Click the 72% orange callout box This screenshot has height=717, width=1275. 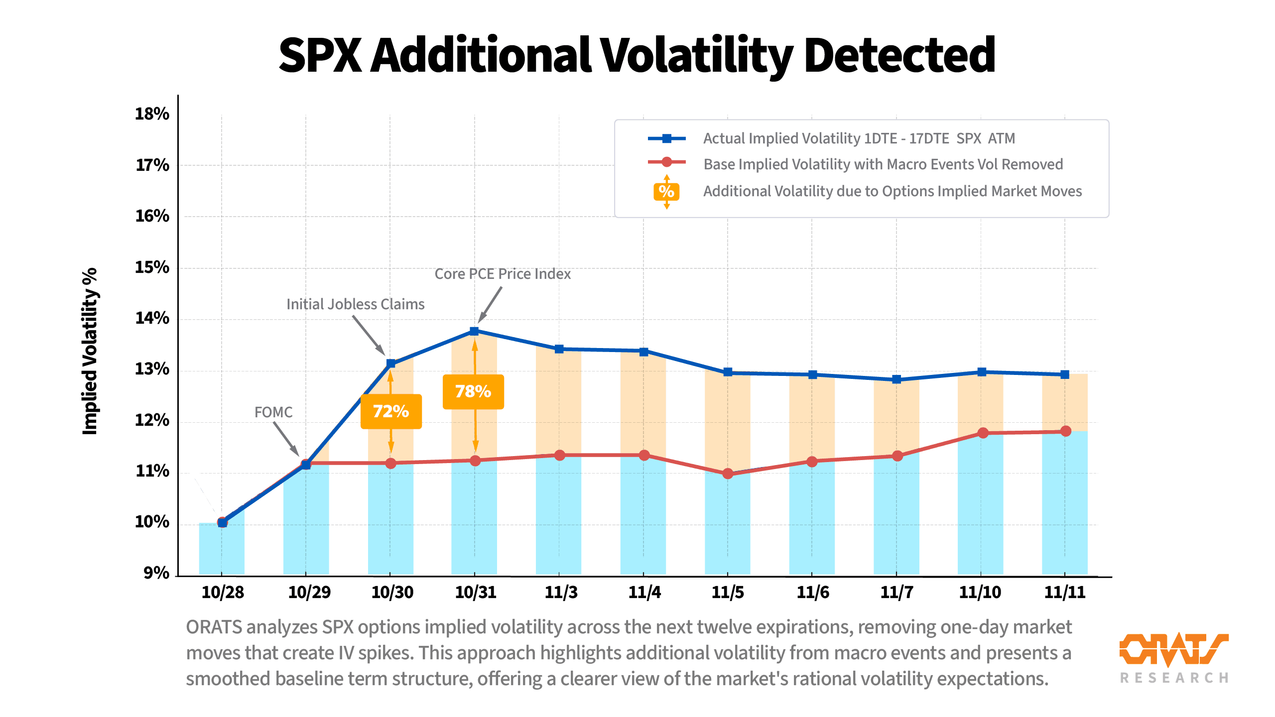(x=391, y=411)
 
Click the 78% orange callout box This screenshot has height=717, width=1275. (x=473, y=391)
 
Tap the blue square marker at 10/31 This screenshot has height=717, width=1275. (x=474, y=331)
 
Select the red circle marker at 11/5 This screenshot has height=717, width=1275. (x=728, y=474)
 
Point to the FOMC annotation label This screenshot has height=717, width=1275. (x=273, y=412)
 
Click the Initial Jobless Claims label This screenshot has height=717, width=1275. (x=355, y=304)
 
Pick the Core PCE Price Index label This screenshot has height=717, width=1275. (x=503, y=274)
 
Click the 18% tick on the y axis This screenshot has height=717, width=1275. (x=152, y=114)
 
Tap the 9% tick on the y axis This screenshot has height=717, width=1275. (x=156, y=573)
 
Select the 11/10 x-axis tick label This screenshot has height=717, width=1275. (x=980, y=592)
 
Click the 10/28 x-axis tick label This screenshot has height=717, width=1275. (x=223, y=592)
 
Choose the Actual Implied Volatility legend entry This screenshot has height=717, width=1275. (x=859, y=138)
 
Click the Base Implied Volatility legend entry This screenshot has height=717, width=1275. (x=883, y=164)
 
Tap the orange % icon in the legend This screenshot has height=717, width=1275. (x=666, y=191)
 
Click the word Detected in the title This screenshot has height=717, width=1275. (x=899, y=55)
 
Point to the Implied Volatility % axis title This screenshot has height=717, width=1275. (x=90, y=351)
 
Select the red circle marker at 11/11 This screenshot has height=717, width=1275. (x=1065, y=431)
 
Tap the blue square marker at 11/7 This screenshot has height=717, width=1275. (x=896, y=379)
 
